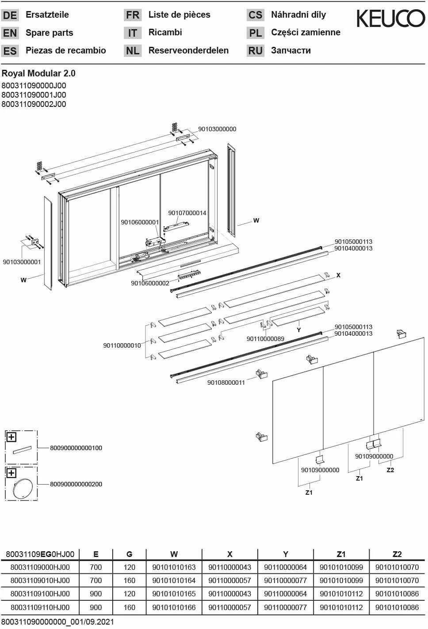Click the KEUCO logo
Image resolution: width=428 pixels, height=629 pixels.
click(x=390, y=19)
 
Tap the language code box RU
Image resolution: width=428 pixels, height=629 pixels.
click(x=255, y=51)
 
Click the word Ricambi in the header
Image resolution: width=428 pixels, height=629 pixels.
click(x=165, y=32)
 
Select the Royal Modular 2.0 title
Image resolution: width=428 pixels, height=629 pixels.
click(x=38, y=73)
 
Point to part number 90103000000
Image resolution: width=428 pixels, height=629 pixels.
click(x=217, y=129)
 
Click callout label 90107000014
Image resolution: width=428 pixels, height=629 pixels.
click(x=187, y=213)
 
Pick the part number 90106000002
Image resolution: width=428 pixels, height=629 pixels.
click(x=150, y=283)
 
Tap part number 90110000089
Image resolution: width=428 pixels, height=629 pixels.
click(x=265, y=339)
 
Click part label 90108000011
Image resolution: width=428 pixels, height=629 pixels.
click(x=226, y=383)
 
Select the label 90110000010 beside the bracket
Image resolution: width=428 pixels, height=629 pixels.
click(x=122, y=345)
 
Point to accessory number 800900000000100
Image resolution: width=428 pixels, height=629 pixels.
click(x=76, y=448)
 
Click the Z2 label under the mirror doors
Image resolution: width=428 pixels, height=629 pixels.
click(x=390, y=470)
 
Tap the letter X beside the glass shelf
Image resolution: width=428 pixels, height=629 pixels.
click(x=338, y=275)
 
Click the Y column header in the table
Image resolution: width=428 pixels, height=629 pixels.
click(x=286, y=554)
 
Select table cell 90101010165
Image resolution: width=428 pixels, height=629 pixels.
click(x=174, y=594)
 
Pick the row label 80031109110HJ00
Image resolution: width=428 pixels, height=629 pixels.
click(x=40, y=607)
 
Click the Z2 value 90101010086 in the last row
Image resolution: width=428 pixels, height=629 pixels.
click(x=397, y=607)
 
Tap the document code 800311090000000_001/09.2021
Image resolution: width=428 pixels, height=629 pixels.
click(x=57, y=622)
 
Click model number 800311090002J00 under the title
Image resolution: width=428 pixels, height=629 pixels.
click(x=34, y=104)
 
